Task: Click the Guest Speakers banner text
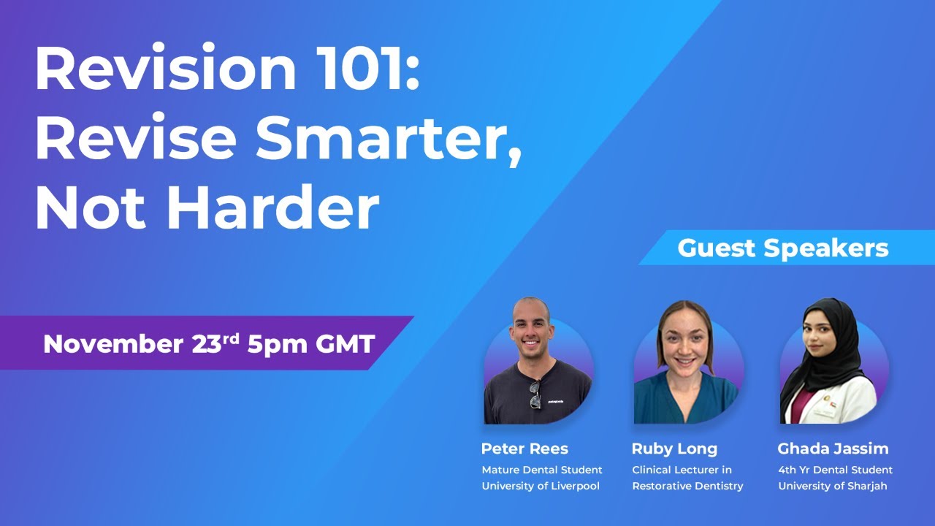(782, 248)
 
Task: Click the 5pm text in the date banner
(277, 343)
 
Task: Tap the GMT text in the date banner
(345, 343)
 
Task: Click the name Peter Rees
(524, 449)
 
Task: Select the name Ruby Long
(674, 449)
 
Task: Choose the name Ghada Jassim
(833, 449)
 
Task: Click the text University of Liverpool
(540, 486)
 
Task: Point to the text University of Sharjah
(832, 486)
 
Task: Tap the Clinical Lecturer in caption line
(682, 470)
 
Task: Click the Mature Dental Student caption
(542, 470)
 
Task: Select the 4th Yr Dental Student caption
(835, 470)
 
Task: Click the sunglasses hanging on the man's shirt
(535, 394)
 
